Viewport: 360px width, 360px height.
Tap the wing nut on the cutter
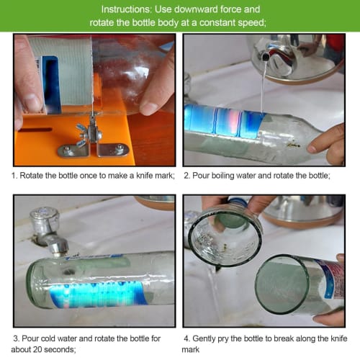click(93, 134)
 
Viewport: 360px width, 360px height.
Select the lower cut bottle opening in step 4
click(284, 284)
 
